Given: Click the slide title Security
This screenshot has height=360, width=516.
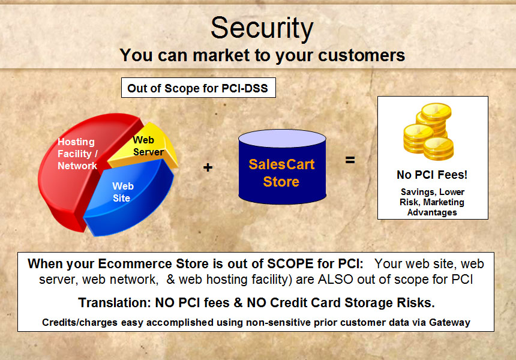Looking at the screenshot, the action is [262, 29].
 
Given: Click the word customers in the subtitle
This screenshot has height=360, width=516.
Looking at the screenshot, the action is [361, 55].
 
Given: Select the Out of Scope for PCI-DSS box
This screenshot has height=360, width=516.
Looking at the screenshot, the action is [199, 88].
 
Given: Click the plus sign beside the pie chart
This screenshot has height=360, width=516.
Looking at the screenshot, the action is [208, 167].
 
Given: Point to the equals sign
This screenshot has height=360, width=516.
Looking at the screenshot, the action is [350, 160].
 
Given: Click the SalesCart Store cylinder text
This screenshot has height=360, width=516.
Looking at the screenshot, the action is [281, 173].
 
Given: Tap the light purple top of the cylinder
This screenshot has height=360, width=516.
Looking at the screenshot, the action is [282, 138].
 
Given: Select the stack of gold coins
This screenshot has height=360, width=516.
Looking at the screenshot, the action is [429, 131].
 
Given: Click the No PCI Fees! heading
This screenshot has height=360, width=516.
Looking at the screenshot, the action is [432, 175].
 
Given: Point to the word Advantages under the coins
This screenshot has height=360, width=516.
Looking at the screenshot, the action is [432, 212].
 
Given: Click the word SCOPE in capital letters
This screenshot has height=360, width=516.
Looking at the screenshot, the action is [290, 264].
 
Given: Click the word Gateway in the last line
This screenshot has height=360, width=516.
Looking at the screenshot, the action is [449, 322].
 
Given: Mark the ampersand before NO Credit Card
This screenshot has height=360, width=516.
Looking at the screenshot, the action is [238, 303].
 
